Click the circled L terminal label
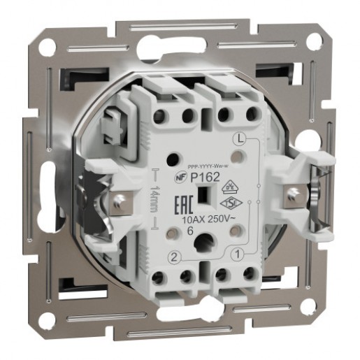(x=239, y=138)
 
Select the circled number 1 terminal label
(x=238, y=254)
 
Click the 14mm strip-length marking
(x=156, y=202)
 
